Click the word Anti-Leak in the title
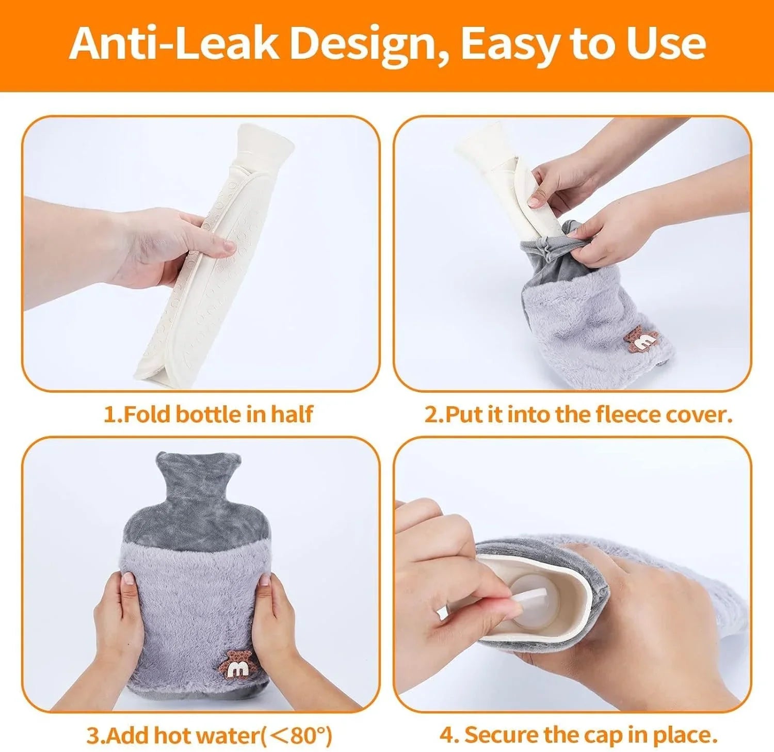pyautogui.click(x=174, y=43)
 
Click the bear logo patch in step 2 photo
pyautogui.click(x=641, y=340)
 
